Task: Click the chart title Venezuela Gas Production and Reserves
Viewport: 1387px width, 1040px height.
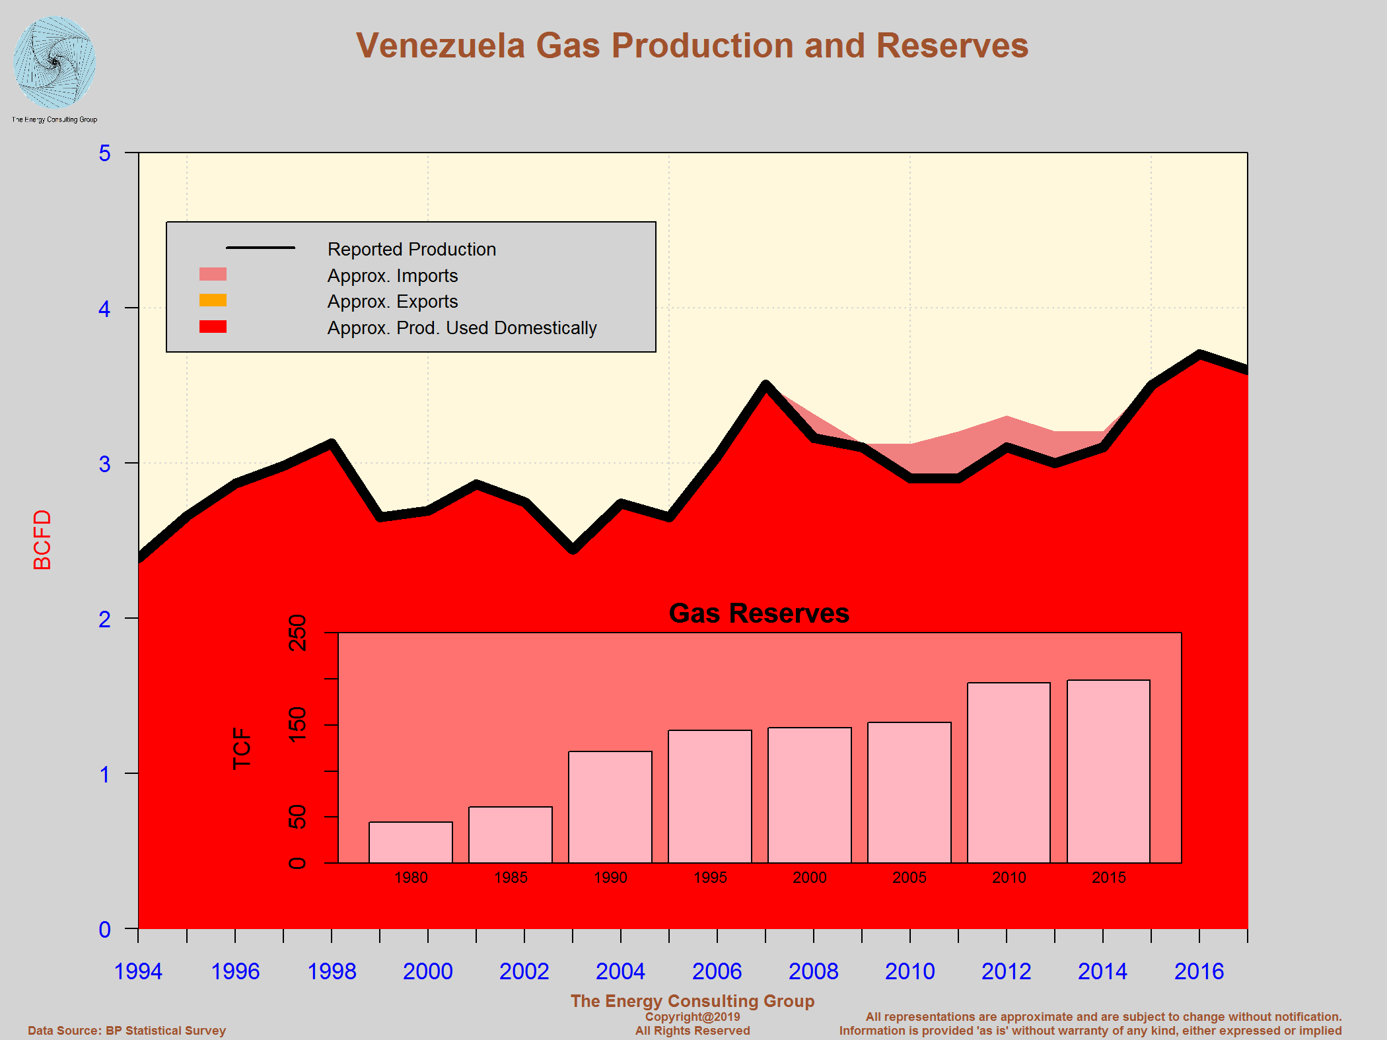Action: click(x=692, y=46)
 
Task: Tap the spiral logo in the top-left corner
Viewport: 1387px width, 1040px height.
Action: click(x=54, y=63)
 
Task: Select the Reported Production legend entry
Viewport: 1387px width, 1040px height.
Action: click(x=411, y=249)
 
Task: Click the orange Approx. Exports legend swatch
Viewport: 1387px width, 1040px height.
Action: click(x=213, y=300)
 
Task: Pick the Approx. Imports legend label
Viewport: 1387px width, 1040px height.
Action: click(x=392, y=275)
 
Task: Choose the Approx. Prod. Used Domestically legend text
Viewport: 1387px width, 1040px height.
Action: click(x=462, y=328)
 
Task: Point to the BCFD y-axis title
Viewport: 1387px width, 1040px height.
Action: click(x=42, y=539)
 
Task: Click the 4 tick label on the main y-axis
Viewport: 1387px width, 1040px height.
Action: click(x=104, y=308)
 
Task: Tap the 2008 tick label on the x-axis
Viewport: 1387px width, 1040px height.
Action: click(x=813, y=971)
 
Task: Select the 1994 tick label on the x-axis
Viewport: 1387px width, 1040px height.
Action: click(x=138, y=971)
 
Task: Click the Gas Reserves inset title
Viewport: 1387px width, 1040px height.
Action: click(x=759, y=613)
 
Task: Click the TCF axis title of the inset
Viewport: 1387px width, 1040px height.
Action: click(x=242, y=747)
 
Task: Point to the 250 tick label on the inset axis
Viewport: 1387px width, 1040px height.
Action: click(x=298, y=632)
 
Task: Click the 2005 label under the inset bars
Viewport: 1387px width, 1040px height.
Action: click(x=909, y=877)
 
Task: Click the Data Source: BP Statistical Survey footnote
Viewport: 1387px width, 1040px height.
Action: click(x=127, y=1030)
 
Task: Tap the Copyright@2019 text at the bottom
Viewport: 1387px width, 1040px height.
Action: click(x=692, y=1016)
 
